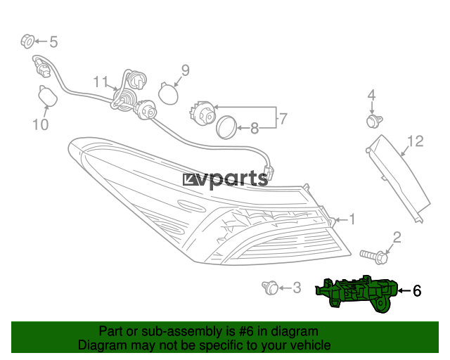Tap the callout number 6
click(417, 291)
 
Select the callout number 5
click(53, 41)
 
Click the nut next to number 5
click(27, 41)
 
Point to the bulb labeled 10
click(47, 96)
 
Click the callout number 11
click(101, 82)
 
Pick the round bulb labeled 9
click(169, 94)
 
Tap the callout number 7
click(283, 119)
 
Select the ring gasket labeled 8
click(226, 128)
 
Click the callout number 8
click(255, 128)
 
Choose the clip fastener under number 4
click(375, 121)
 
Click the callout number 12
click(416, 141)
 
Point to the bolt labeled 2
click(374, 257)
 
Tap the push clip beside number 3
click(270, 288)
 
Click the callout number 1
click(352, 219)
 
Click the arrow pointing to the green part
click(404, 291)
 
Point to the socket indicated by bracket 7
click(202, 112)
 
